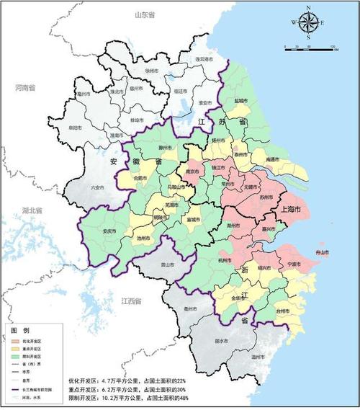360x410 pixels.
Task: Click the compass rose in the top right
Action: pos(308,22)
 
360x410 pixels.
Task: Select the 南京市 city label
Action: pos(192,173)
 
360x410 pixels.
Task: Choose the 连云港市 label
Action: pos(204,59)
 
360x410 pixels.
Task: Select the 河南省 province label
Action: pos(24,87)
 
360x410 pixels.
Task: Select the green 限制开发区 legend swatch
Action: pos(15,355)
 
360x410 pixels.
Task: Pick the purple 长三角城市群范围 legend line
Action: pos(15,390)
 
